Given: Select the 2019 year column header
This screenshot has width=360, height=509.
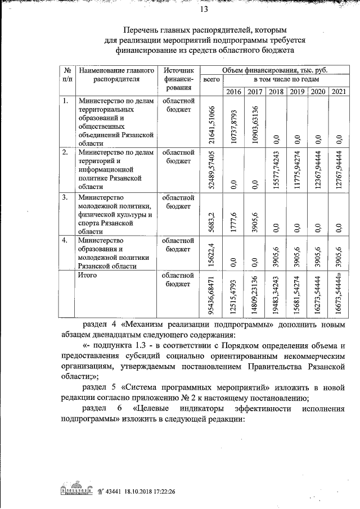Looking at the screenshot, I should coord(297,92).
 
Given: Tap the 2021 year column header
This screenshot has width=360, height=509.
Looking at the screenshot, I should coord(338,92).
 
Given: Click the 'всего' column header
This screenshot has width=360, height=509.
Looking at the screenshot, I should coord(210,81).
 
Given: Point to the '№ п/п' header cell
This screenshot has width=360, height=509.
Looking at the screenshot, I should coord(67,75).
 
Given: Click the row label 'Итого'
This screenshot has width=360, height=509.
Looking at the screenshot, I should coord(88,275).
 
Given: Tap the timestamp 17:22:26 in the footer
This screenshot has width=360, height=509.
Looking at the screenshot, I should coord(160,490).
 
